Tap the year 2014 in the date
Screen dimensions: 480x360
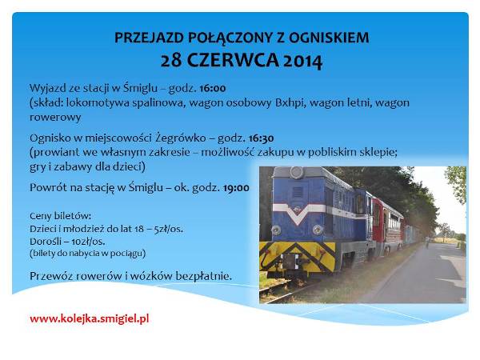pyautogui.click(x=302, y=61)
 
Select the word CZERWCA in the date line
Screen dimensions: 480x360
pyautogui.click(x=233, y=60)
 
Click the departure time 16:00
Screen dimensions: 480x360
pyautogui.click(x=213, y=88)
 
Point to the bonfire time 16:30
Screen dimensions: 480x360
pyautogui.click(x=261, y=138)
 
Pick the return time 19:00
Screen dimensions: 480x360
pyautogui.click(x=236, y=188)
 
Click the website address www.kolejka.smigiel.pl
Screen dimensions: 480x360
pyautogui.click(x=90, y=318)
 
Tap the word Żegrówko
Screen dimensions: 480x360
pyautogui.click(x=181, y=138)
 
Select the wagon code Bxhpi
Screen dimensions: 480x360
pyautogui.click(x=290, y=103)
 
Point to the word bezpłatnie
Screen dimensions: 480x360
pyautogui.click(x=203, y=276)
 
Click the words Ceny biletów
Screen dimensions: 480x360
pyautogui.click(x=60, y=216)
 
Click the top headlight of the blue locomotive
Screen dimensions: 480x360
pyautogui.click(x=297, y=172)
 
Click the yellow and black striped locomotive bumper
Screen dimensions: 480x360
pyautogui.click(x=298, y=256)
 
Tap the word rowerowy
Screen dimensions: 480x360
pyautogui.click(x=55, y=118)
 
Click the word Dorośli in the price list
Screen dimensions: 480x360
pyautogui.click(x=46, y=242)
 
